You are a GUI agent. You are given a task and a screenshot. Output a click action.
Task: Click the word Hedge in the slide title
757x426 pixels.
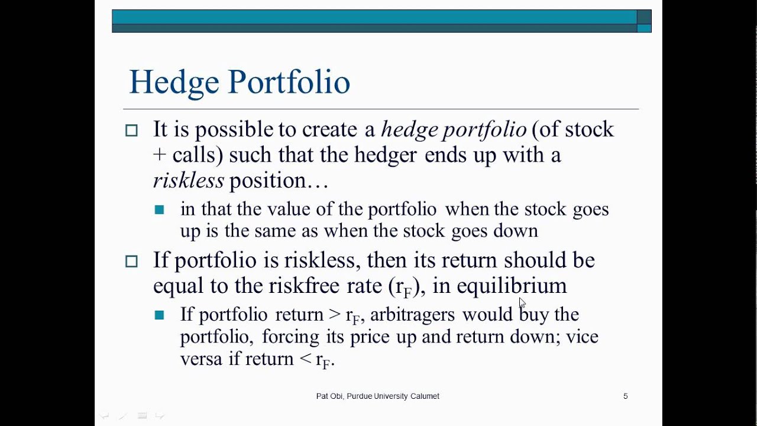[x=174, y=83]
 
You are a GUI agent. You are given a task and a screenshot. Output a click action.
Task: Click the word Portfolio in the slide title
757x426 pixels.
[x=289, y=82]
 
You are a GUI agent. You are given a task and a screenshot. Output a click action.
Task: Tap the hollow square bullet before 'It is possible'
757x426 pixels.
[x=131, y=131]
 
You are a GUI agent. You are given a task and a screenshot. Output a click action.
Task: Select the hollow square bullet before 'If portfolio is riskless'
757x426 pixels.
[x=131, y=262]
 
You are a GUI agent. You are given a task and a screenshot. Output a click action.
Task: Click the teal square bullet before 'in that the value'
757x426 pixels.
[x=159, y=209]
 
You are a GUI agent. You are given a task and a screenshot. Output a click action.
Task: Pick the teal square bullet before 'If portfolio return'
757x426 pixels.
[x=159, y=315]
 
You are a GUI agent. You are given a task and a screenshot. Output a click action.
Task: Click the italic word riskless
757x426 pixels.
[x=188, y=180]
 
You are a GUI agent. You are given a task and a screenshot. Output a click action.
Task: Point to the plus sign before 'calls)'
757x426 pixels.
[x=160, y=155]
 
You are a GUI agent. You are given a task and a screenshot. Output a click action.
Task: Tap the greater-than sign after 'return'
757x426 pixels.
[x=335, y=314]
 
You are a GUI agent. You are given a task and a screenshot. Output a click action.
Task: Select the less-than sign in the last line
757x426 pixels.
[x=305, y=359]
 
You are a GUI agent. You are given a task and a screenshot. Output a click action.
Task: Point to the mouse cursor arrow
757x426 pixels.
[x=522, y=302]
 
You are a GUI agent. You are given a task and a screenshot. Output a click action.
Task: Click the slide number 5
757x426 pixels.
[x=626, y=396]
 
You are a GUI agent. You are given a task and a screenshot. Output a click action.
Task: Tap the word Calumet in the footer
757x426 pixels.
[x=425, y=396]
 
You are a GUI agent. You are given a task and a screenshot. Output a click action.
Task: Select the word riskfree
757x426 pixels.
[x=304, y=285]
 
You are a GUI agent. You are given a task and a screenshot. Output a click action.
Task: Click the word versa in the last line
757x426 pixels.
[x=201, y=359]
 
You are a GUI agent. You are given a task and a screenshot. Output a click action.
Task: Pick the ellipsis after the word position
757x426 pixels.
[x=317, y=186]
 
